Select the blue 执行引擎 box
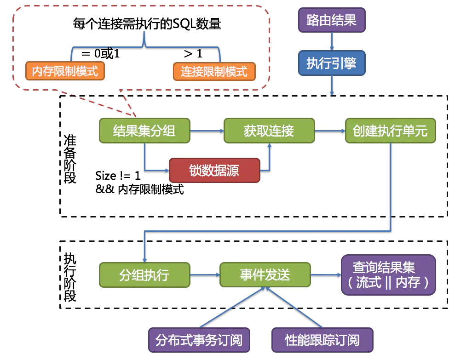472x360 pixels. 331,63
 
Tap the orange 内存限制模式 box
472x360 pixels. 65,71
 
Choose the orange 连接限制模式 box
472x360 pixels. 214,71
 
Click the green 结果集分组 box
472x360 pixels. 144,131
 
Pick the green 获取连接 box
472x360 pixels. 269,131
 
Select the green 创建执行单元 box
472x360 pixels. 390,131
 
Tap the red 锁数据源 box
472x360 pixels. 214,170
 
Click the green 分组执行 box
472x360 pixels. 144,275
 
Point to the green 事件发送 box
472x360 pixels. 265,275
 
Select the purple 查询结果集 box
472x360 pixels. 388,274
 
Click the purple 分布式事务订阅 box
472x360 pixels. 199,340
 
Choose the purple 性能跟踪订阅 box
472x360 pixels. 322,340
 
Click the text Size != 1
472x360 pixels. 118,176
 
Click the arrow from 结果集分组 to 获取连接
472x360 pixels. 207,131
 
